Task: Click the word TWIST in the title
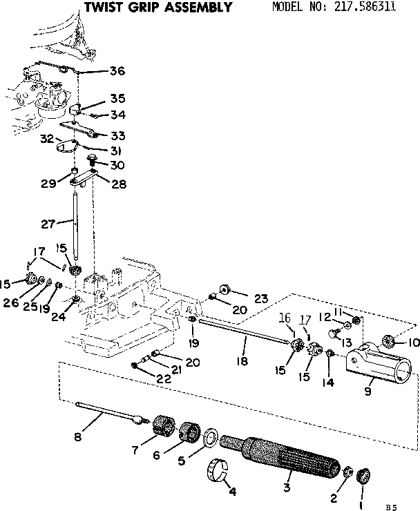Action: click(108, 8)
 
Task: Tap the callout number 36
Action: click(117, 70)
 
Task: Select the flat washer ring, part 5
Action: click(210, 436)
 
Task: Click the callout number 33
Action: click(117, 135)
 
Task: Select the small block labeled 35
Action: click(78, 108)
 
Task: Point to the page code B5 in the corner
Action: click(392, 507)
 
